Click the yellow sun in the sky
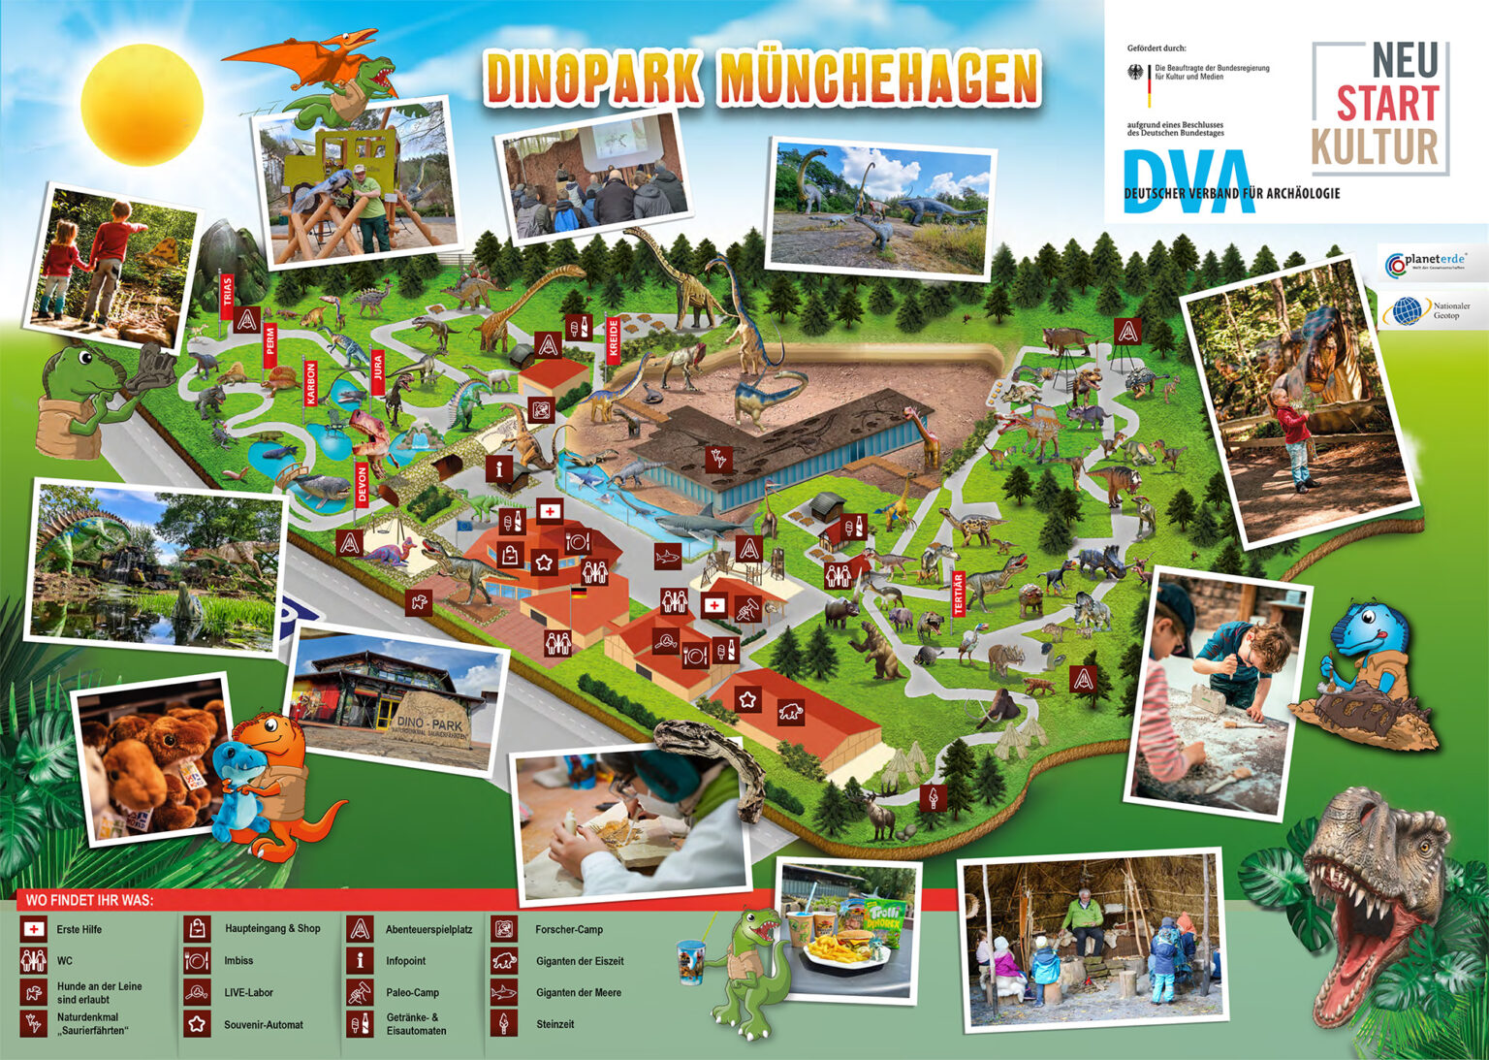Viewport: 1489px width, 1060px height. [142, 104]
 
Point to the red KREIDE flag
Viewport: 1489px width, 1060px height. [613, 338]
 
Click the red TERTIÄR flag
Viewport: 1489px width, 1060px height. [959, 594]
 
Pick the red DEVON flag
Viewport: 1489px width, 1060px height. [363, 483]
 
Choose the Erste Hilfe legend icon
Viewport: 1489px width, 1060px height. [34, 929]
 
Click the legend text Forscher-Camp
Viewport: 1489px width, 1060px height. [569, 929]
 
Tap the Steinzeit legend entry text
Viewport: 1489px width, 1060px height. [555, 1024]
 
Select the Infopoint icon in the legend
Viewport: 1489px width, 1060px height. [360, 961]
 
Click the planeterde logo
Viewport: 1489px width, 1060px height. [1430, 262]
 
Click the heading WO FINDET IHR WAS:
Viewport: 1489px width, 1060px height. [89, 900]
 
